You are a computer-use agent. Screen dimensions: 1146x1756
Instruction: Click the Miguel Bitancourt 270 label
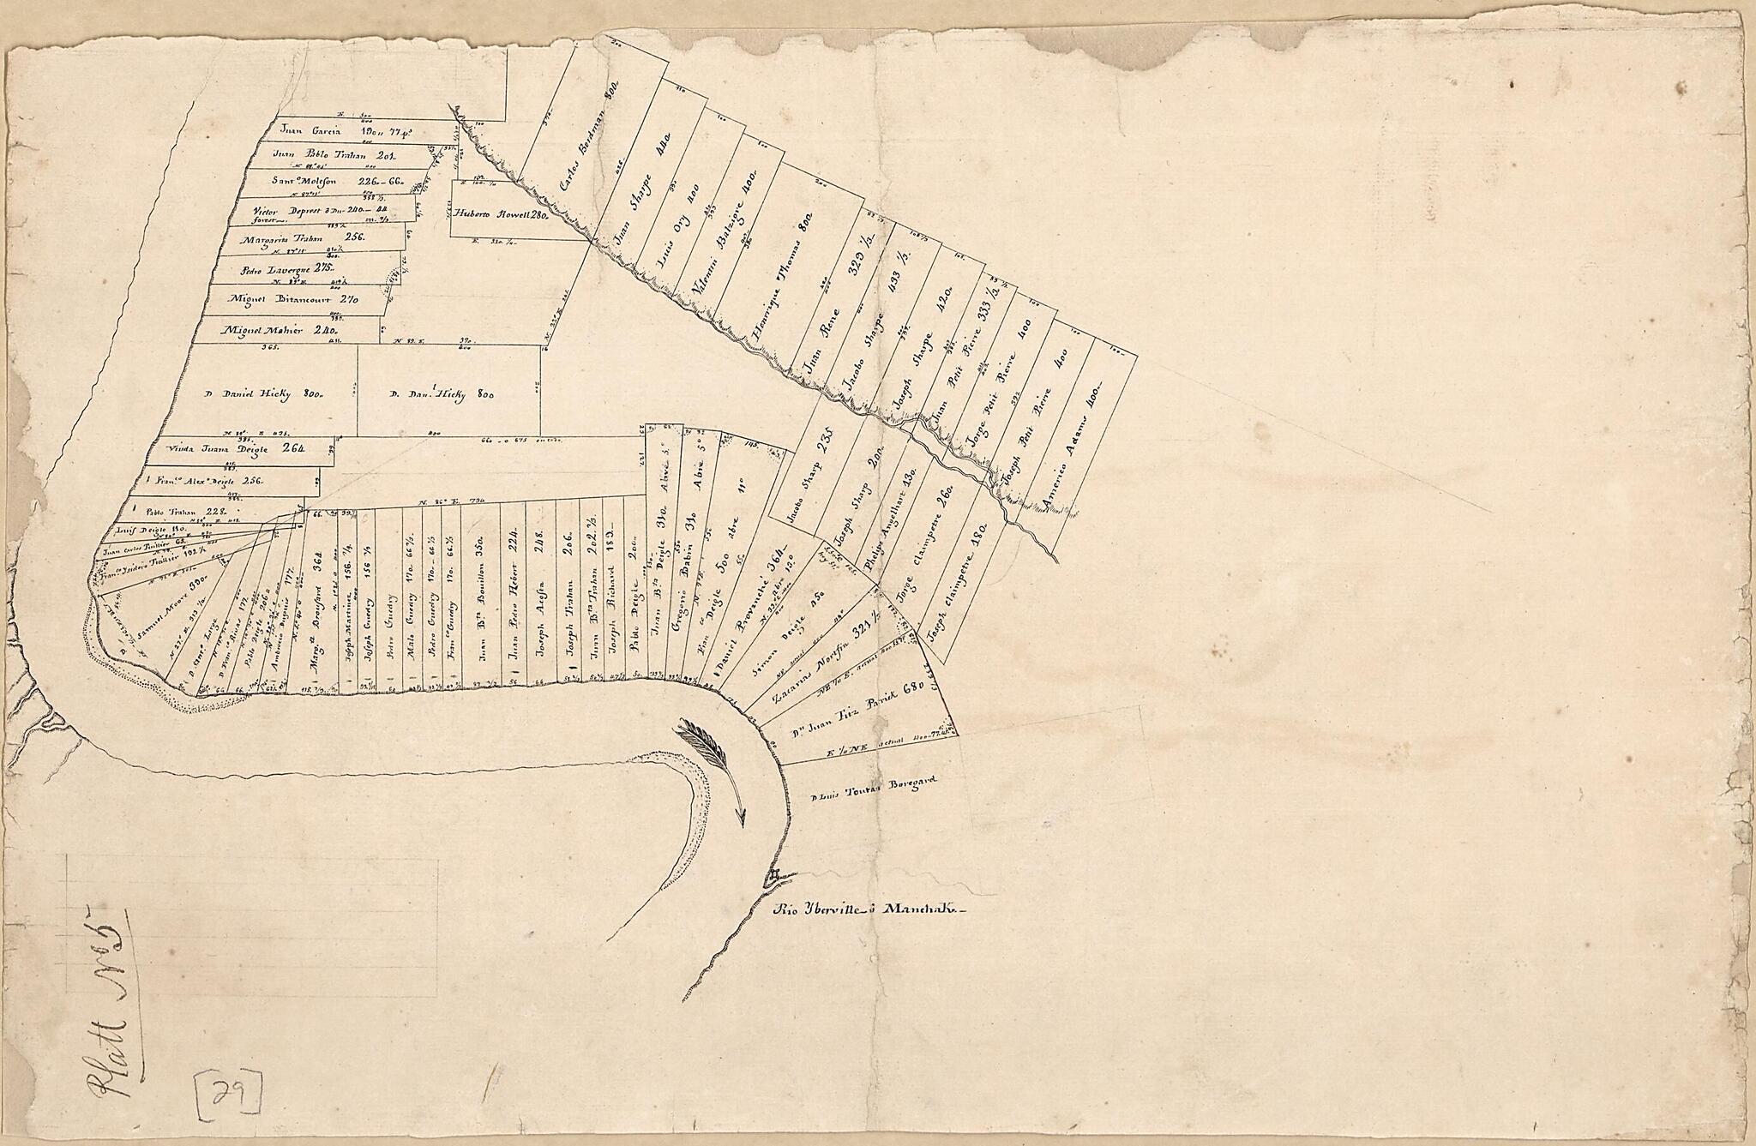(292, 300)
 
